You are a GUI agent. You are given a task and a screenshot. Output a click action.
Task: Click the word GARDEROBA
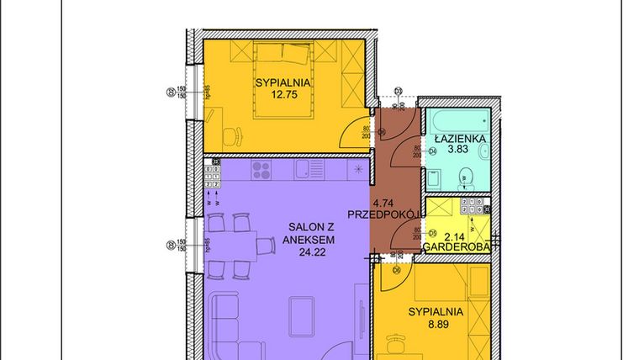tap(456, 247)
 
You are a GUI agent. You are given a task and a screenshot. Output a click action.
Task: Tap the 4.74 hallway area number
tap(383, 203)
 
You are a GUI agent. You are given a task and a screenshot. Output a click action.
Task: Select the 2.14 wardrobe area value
tap(454, 237)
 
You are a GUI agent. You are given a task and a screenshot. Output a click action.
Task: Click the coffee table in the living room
tap(302, 315)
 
